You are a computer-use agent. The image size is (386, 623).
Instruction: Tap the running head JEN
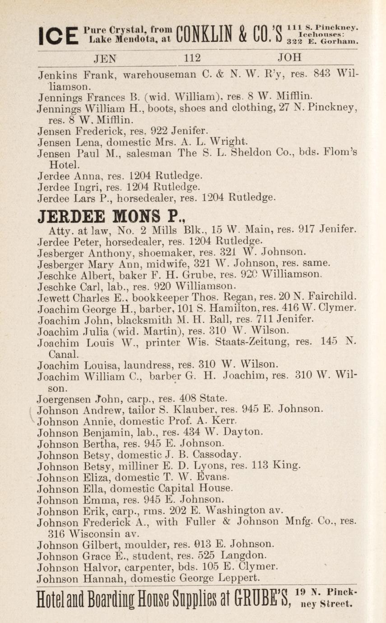pyautogui.click(x=104, y=58)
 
